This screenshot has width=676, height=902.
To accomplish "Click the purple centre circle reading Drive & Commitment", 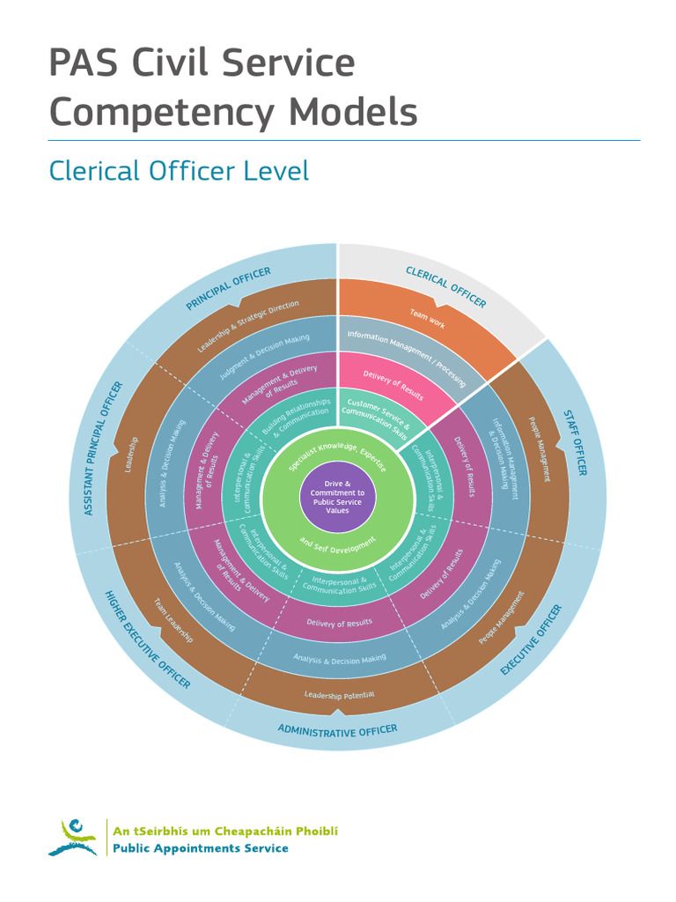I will point(337,497).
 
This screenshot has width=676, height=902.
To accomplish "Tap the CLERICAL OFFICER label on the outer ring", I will point(445,286).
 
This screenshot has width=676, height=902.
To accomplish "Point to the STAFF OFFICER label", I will point(575,442).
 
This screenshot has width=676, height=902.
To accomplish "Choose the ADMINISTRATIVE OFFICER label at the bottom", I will point(337,730).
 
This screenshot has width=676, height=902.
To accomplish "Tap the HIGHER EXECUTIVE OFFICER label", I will point(147,640).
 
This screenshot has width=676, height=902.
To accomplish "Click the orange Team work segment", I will point(427,319).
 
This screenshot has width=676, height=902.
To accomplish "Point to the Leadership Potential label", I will point(339,695).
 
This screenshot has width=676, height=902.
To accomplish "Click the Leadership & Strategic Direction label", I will point(247,327).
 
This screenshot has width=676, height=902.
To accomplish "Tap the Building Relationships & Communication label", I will point(296,416).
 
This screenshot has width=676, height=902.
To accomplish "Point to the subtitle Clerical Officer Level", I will point(179,170).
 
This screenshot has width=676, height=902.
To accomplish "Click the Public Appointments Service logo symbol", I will point(74,838).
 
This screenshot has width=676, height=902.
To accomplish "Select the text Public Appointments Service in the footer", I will point(201,848).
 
